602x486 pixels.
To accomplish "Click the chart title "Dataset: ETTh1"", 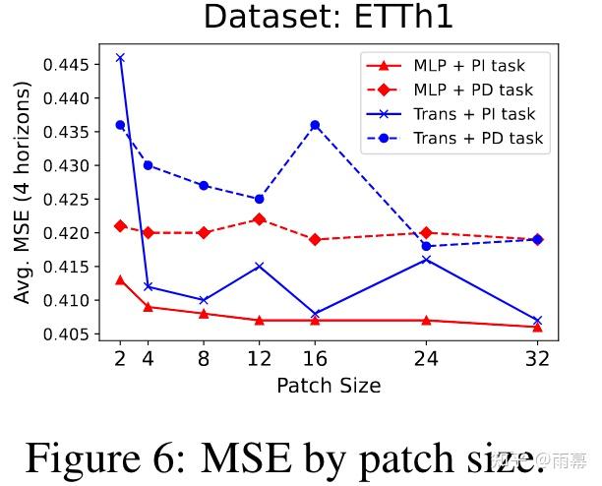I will (x=328, y=17).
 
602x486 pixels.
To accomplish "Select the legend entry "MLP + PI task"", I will (x=468, y=66).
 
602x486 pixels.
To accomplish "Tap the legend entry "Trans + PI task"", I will (x=474, y=114).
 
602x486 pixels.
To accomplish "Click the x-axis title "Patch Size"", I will (x=328, y=384).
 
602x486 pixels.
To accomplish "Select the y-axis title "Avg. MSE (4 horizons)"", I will (x=22, y=192).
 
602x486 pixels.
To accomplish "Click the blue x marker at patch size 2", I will (x=120, y=58).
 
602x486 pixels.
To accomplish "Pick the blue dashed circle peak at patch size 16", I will (x=315, y=125).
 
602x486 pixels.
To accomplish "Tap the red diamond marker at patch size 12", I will (x=259, y=218).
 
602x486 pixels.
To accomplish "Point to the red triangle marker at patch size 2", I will (x=120, y=279).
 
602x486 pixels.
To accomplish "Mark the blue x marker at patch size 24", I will (x=426, y=260).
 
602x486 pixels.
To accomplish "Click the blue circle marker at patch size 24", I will (x=426, y=246).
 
